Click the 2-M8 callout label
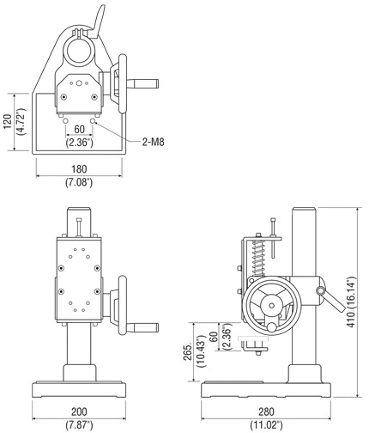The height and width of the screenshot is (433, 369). tap(154, 142)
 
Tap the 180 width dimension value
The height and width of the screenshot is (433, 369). tap(79, 169)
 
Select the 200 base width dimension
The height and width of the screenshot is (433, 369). tap(79, 412)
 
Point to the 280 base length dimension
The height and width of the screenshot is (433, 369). tap(266, 412)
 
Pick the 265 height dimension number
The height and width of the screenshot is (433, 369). tap(188, 353)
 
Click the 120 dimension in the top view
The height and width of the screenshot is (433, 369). tap(8, 122)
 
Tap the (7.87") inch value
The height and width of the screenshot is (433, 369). tap(79, 424)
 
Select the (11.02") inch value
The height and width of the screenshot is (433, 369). tap(266, 424)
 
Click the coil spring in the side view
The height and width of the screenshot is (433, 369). tap(258, 259)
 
